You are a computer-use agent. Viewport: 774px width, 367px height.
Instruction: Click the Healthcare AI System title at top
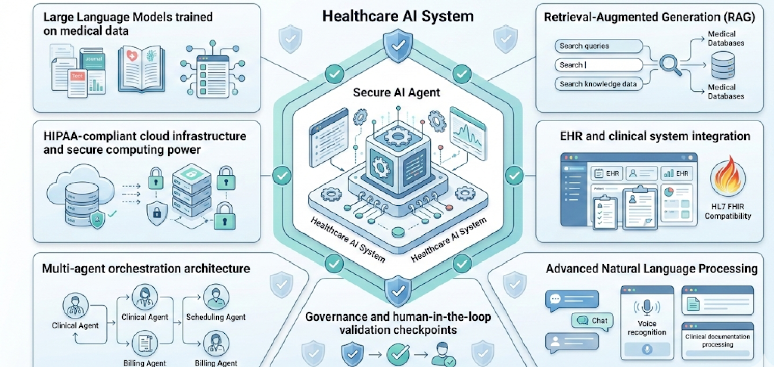[x=398, y=16]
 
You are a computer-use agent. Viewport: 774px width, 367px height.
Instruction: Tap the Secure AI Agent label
[x=397, y=93]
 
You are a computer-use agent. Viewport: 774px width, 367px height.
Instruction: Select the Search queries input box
[x=598, y=46]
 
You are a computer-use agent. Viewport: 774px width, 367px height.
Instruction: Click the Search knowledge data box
[x=598, y=84]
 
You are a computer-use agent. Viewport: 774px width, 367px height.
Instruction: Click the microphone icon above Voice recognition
[x=647, y=307]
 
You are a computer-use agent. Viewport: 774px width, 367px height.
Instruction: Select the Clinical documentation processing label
[x=717, y=340]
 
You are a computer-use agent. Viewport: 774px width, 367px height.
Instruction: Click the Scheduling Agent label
[x=216, y=317]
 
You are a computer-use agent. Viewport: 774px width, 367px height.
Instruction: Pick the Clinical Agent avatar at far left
[x=75, y=306]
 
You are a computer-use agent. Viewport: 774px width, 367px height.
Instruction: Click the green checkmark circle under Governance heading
[x=398, y=353]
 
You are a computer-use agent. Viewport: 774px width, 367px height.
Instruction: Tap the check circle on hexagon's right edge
[x=514, y=176]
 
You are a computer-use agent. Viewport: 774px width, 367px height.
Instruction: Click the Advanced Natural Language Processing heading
[x=651, y=268]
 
